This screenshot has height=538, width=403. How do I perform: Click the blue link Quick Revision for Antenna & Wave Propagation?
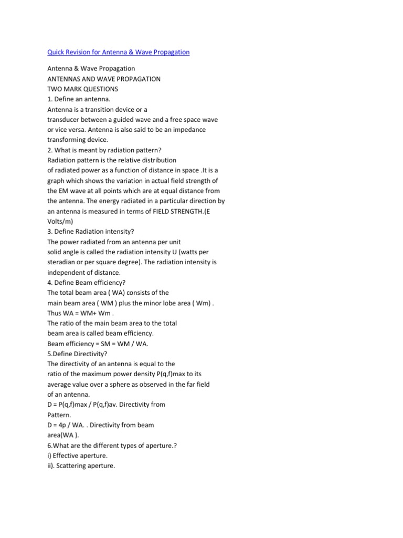(x=118, y=52)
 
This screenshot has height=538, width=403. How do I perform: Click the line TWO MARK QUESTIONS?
(x=82, y=89)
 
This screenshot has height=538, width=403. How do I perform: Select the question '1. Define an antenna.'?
(x=79, y=99)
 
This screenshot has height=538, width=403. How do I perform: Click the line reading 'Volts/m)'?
(x=60, y=221)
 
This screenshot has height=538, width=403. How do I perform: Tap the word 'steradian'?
(x=63, y=262)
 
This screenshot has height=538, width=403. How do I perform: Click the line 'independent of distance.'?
(x=83, y=272)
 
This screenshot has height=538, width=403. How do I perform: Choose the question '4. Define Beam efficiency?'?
(x=86, y=282)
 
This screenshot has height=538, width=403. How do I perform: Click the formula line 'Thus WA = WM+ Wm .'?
(x=80, y=313)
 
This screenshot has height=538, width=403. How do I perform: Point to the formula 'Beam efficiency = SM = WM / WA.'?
(x=98, y=343)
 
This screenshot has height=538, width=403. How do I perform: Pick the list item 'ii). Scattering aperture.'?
(x=81, y=465)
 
